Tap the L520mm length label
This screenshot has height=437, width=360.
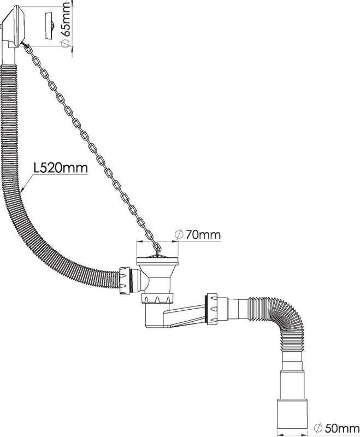[61, 168]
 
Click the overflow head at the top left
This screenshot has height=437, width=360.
[13, 26]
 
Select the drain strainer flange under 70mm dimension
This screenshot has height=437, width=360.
[157, 261]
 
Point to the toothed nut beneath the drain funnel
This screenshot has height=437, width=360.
[157, 299]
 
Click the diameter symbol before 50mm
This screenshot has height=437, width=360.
[317, 428]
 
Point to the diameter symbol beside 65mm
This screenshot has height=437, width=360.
[64, 43]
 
